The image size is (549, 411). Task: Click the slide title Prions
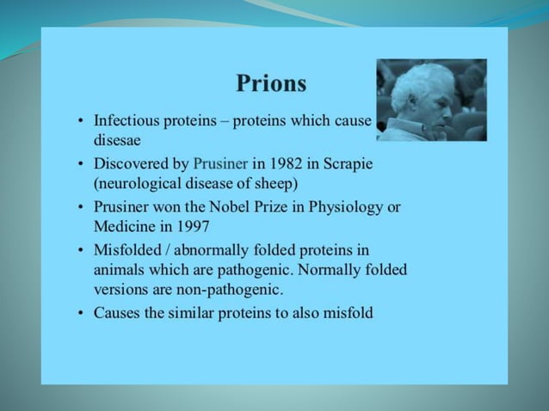pos(271,83)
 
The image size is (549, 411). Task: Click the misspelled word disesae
pos(116,138)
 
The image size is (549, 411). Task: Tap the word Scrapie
pos(348,163)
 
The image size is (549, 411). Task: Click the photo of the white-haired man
pos(431,100)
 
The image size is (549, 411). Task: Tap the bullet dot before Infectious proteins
pos(79,121)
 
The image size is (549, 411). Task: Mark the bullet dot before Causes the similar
pos(79,314)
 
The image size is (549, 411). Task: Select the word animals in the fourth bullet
pos(121,269)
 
